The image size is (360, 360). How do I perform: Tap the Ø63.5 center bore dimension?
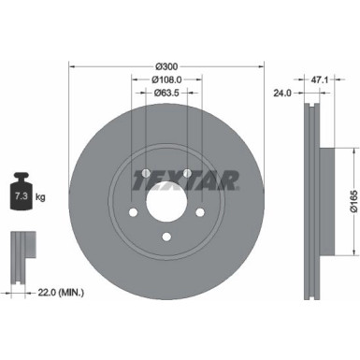tap(166, 94)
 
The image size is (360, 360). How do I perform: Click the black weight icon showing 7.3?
tap(22, 194)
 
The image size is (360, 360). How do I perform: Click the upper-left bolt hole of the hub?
tap(146, 172)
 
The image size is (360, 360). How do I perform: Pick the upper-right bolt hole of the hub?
tap(188, 172)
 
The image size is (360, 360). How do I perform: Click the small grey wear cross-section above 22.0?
tap(20, 246)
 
